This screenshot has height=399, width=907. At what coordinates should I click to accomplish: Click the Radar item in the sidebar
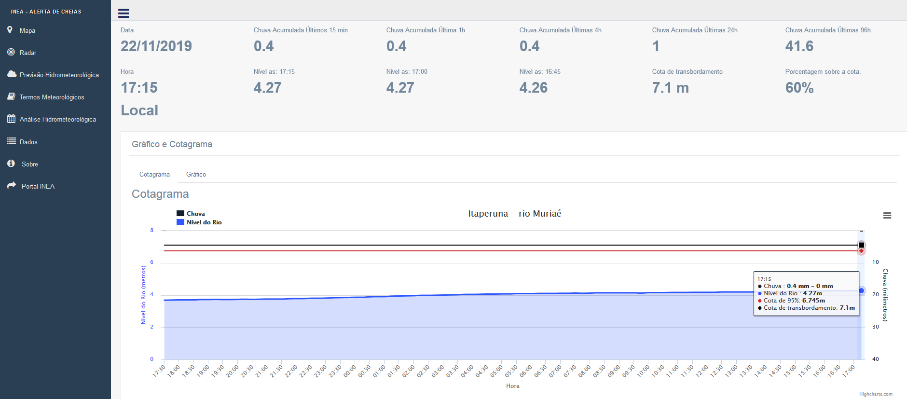[x=22, y=53]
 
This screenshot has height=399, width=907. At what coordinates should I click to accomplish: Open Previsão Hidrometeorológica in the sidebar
[x=53, y=75]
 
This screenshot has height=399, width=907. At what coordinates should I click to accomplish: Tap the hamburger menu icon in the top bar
[x=124, y=13]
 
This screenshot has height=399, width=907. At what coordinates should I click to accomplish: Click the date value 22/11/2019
[x=156, y=46]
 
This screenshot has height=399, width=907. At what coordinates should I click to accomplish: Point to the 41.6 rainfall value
[x=799, y=46]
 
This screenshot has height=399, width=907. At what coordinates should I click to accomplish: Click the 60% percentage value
[x=799, y=87]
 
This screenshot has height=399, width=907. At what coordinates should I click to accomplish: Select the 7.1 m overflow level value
[x=670, y=87]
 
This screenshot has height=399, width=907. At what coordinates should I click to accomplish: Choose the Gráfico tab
[x=196, y=174]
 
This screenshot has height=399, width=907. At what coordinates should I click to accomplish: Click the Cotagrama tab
[x=154, y=174]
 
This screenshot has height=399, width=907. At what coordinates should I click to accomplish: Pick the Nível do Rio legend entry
[x=199, y=222]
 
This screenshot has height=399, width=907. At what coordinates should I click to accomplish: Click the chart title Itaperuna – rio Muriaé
[x=514, y=213]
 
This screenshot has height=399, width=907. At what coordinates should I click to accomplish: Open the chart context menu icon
[x=887, y=216]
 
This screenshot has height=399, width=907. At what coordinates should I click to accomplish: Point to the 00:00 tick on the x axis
[x=349, y=371]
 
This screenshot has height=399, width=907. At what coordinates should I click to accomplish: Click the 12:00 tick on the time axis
[x=701, y=371]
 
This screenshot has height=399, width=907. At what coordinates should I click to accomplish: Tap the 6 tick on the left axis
[x=151, y=262]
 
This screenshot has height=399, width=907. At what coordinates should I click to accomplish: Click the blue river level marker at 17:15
[x=861, y=290]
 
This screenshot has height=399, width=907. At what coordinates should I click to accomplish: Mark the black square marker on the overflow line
[x=861, y=245]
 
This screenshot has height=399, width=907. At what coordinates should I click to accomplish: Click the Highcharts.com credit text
[x=876, y=394]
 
